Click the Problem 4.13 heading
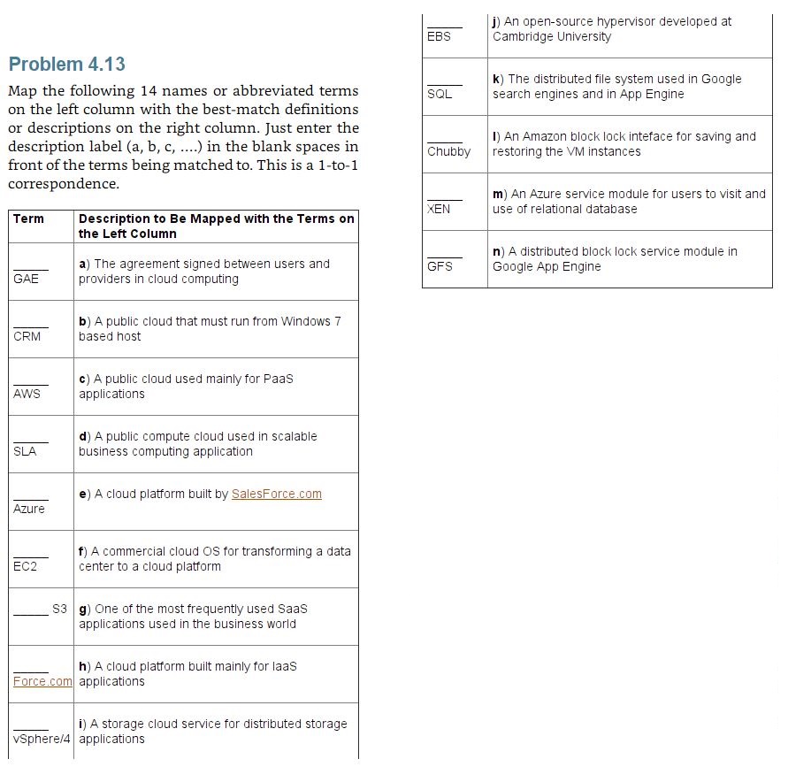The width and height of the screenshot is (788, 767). [67, 65]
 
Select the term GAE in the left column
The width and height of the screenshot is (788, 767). [27, 279]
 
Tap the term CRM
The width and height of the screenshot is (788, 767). [27, 336]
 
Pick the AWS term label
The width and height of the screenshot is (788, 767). [27, 394]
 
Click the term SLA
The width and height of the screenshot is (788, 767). [26, 451]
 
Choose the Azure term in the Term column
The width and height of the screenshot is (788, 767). [29, 509]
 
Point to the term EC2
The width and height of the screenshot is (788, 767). [26, 566]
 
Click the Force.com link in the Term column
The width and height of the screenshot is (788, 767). [42, 681]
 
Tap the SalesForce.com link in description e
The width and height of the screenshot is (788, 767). [277, 494]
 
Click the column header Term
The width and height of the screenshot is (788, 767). [28, 219]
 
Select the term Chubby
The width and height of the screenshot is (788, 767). [449, 151]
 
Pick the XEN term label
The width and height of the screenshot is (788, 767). [439, 209]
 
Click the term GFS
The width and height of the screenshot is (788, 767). [440, 266]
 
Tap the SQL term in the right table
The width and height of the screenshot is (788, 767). [440, 94]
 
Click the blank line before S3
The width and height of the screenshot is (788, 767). [31, 613]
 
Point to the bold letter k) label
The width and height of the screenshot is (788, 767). [499, 79]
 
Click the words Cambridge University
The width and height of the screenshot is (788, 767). [552, 36]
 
